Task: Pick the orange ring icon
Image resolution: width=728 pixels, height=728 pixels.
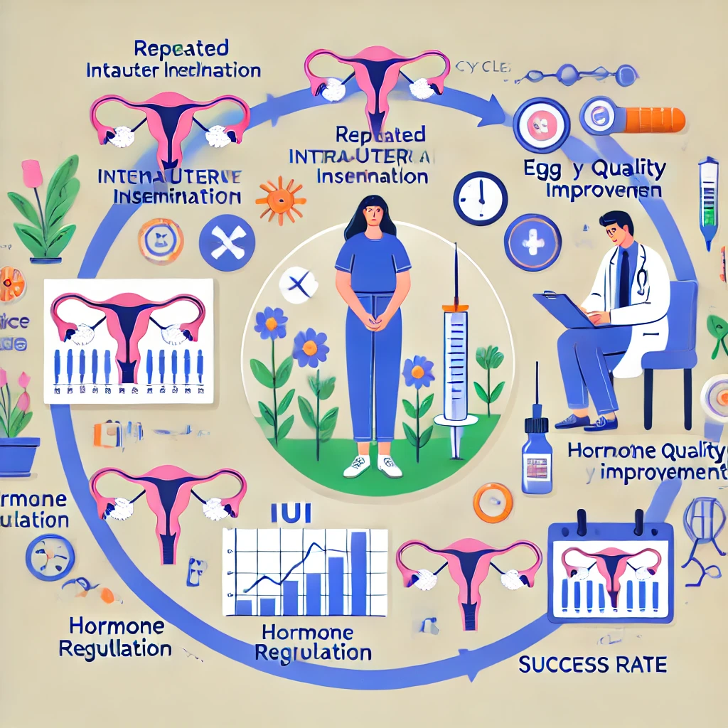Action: [x=492, y=503]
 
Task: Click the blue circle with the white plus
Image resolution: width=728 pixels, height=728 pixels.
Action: [x=532, y=242]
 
